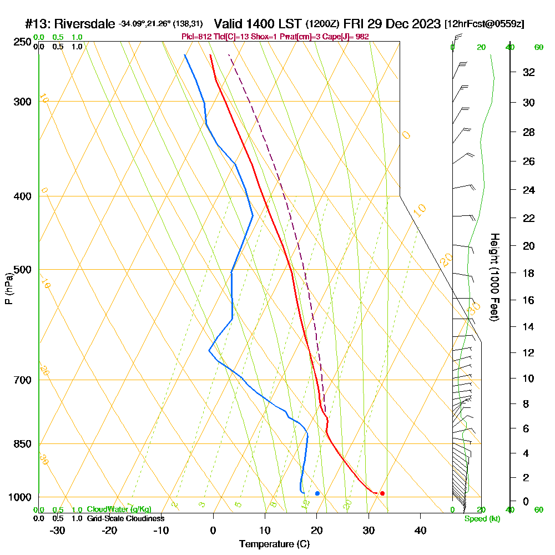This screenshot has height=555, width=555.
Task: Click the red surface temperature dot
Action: click(382, 493)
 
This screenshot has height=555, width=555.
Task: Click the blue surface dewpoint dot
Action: click(317, 493)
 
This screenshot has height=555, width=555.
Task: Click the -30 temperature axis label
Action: click(58, 530)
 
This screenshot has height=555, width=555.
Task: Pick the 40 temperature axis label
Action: click(420, 530)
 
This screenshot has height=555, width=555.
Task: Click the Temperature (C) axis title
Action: click(274, 544)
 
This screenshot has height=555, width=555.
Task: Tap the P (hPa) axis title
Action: click(9, 289)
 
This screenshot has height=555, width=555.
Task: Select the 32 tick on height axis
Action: click(529, 72)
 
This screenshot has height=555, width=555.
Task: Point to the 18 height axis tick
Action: click(529, 273)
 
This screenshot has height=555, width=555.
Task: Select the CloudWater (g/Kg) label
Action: click(119, 509)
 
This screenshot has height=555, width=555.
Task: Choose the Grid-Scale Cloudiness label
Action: click(125, 518)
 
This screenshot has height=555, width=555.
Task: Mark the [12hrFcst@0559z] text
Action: click(484, 24)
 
